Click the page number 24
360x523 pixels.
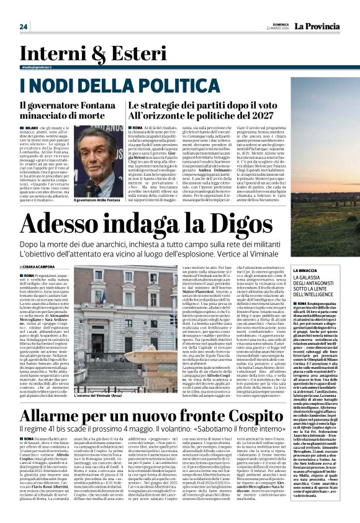coord(24,26)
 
